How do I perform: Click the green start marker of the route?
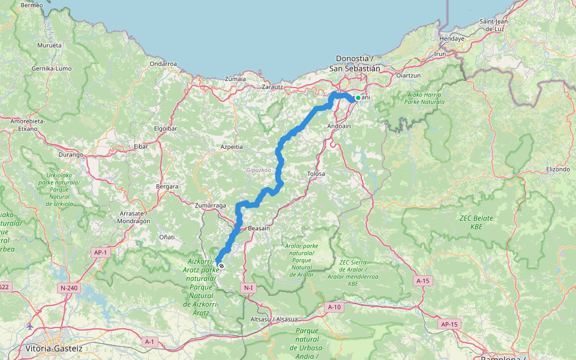click(358, 98)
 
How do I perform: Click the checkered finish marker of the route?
click(221, 266)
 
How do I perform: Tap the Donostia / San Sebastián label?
click(355, 64)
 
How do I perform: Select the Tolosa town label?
click(316, 174)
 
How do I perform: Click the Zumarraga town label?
click(210, 205)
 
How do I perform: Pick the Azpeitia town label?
click(231, 146)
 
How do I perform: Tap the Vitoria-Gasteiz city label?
click(54, 348)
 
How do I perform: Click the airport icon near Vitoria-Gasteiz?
click(30, 326)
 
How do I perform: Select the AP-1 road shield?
click(100, 253)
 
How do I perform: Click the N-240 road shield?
click(69, 288)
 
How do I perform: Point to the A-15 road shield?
click(423, 280)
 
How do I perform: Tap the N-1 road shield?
click(248, 289)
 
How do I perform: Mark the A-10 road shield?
click(334, 307)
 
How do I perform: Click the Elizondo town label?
click(557, 169)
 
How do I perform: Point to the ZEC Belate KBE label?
click(476, 223)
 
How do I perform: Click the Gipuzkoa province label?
click(259, 170)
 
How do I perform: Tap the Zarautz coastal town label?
click(273, 86)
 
